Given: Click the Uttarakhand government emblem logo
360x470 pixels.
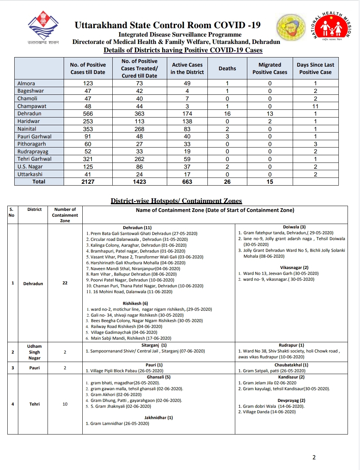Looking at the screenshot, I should coord(43,27).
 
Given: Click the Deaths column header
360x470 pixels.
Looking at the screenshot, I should coord(227,68).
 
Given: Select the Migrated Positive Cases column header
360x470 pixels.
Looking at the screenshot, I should coord(270,68).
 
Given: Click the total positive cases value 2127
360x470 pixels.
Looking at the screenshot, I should coord(88,182).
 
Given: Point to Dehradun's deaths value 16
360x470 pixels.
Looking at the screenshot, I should coord(227,114).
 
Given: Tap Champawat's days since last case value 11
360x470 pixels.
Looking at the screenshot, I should coord(315,106).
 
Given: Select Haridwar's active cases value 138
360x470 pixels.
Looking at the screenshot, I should coord(187,121).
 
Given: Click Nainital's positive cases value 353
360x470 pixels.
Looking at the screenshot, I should coord(88,129).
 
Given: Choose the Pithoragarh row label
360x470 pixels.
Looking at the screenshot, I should coord(32,144).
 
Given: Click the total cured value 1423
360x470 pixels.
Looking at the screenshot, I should coord(139,182).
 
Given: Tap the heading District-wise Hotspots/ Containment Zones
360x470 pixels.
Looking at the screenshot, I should coord(176,201).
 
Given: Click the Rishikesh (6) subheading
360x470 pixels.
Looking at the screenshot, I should coord(135,303).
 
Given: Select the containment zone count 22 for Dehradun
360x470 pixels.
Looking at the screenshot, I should coord(65,283).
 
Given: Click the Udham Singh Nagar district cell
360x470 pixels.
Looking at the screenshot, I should coord(34,352).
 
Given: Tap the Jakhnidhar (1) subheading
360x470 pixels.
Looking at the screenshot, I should coord(158,418).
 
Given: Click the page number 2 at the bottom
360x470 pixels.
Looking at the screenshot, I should coord(314,457).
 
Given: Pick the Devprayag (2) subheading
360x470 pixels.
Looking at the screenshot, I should coord(291,400).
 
